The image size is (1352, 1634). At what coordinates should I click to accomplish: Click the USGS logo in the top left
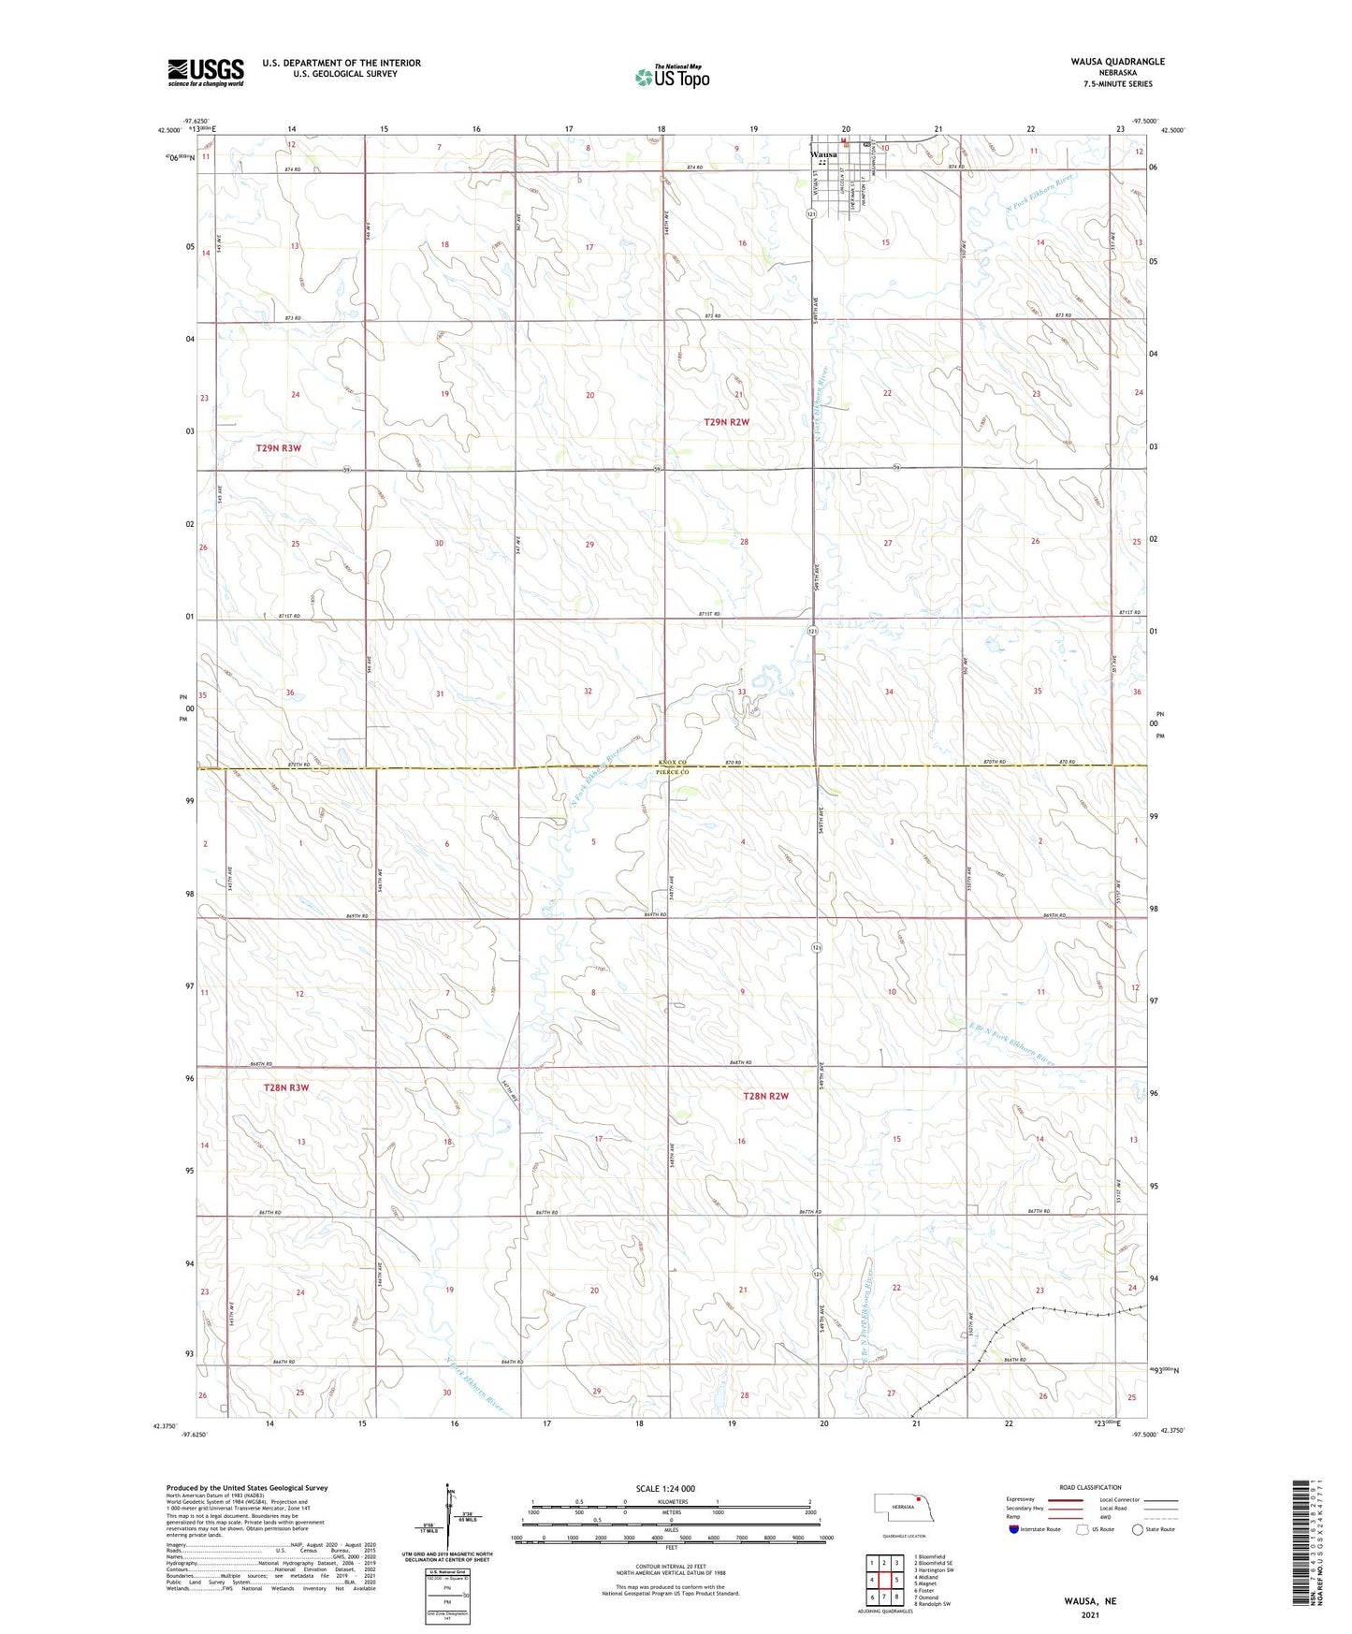pyautogui.click(x=205, y=72)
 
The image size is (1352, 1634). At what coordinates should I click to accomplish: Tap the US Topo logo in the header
pyautogui.click(x=672, y=77)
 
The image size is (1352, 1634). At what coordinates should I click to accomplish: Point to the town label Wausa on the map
pyautogui.click(x=823, y=154)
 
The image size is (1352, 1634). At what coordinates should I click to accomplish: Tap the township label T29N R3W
pyautogui.click(x=279, y=448)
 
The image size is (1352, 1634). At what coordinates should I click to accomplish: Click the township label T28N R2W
pyautogui.click(x=765, y=1096)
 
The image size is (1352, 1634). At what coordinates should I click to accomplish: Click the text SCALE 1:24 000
pyautogui.click(x=665, y=1488)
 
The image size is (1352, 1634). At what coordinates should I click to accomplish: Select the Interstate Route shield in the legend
pyautogui.click(x=1015, y=1529)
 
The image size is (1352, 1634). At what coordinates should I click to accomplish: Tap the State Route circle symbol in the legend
pyautogui.click(x=1138, y=1529)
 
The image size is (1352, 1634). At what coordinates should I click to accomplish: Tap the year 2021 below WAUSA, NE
pyautogui.click(x=1089, y=1615)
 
